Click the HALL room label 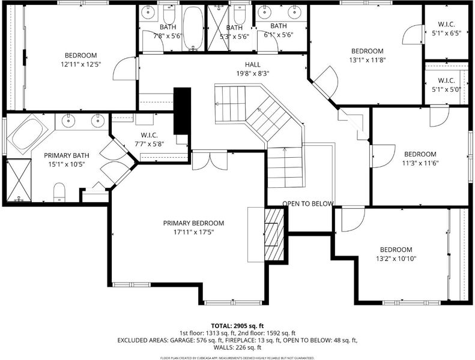(x=253, y=64)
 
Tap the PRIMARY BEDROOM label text (x=193, y=223)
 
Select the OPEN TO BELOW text (x=308, y=204)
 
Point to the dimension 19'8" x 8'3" (x=253, y=73)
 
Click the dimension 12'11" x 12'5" (x=81, y=64)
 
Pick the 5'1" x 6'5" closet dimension (x=446, y=34)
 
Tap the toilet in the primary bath (x=59, y=192)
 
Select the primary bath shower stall (x=19, y=180)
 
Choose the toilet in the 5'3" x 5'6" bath (x=240, y=15)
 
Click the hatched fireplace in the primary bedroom (x=274, y=234)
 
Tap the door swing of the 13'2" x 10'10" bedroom (x=353, y=220)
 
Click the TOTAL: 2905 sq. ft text (x=237, y=326)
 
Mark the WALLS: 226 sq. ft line (x=237, y=347)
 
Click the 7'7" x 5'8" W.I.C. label (x=149, y=140)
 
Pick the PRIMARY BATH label (x=67, y=155)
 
